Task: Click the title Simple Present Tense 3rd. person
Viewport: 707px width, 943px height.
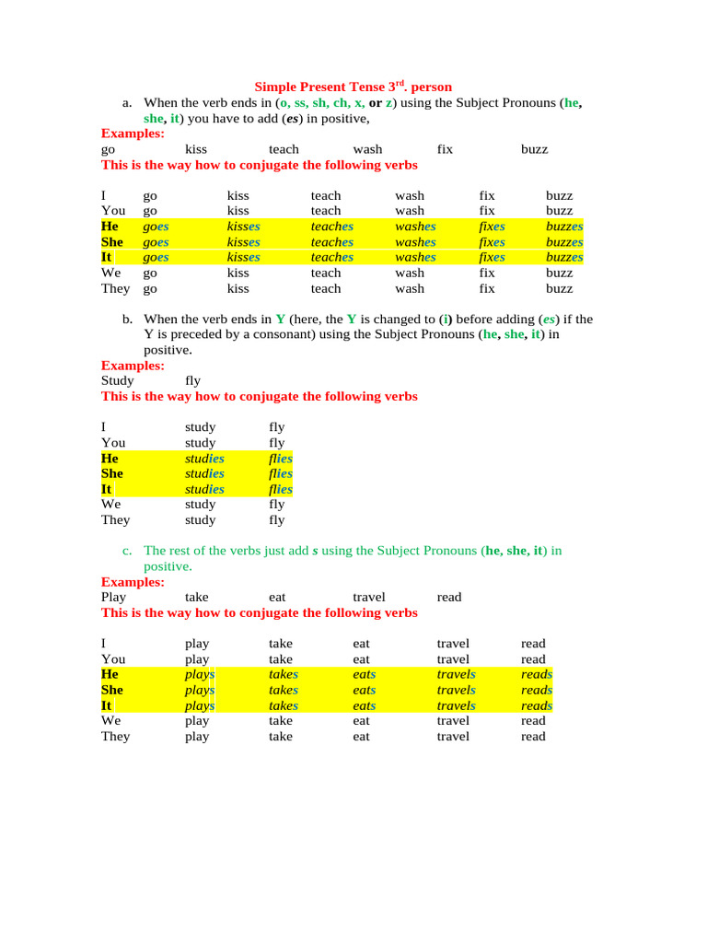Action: pos(353,87)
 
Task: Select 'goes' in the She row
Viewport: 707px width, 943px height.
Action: pos(156,242)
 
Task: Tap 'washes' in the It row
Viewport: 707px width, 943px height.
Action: pos(415,258)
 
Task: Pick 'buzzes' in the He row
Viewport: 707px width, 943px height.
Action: pos(564,227)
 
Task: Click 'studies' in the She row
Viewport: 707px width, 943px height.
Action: pos(204,473)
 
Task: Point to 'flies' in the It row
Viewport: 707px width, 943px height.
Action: pos(281,489)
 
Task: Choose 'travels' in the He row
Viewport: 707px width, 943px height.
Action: pos(456,674)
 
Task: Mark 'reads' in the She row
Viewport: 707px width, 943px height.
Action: pos(537,690)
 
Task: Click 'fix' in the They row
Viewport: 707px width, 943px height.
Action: pos(487,288)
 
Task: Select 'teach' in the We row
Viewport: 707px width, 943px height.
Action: pos(326,273)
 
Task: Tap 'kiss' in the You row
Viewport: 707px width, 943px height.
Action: pos(238,211)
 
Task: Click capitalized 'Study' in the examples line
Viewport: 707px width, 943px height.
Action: pos(117,380)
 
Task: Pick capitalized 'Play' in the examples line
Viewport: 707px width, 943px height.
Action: pos(113,597)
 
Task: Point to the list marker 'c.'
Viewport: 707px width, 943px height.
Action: pos(128,551)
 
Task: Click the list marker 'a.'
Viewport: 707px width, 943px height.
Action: pos(128,104)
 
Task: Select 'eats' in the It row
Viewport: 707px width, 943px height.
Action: pos(365,705)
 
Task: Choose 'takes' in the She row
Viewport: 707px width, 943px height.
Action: pos(284,690)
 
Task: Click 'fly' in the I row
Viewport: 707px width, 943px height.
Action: pos(277,427)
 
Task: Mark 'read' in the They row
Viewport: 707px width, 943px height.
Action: pos(533,737)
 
